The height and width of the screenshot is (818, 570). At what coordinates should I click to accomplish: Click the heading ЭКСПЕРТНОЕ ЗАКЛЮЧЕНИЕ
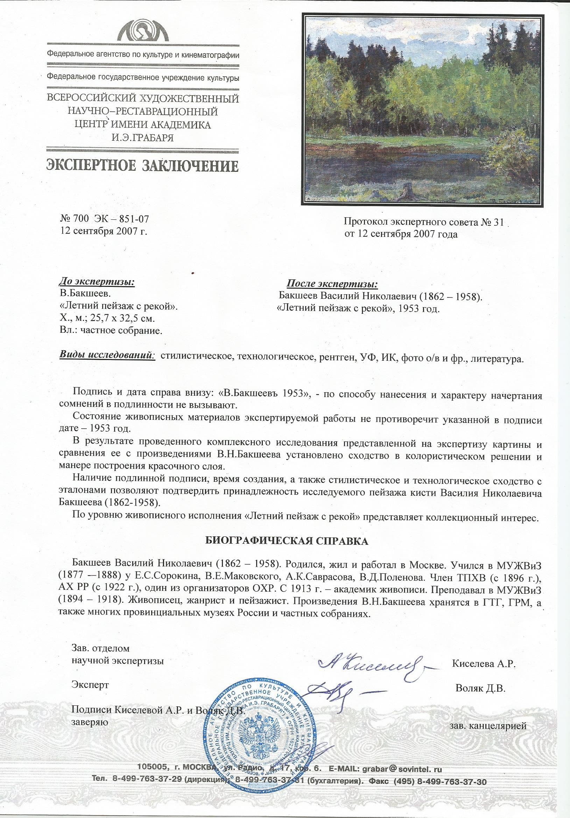[142, 167]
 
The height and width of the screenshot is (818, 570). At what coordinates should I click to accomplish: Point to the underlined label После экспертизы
[332, 284]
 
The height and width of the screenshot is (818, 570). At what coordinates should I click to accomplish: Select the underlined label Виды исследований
[107, 355]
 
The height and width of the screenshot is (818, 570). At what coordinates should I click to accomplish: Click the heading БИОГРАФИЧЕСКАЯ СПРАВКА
[287, 541]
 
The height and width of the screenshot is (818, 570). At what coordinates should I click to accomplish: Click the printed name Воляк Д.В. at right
[480, 688]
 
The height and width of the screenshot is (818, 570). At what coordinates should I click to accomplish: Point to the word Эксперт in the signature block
[90, 685]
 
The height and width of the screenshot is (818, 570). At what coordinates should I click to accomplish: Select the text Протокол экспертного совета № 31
[424, 222]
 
